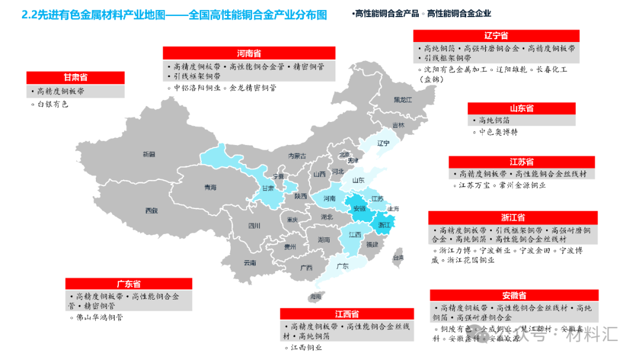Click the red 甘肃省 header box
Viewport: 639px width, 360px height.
[x=76, y=78]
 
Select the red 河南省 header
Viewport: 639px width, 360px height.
[x=248, y=53]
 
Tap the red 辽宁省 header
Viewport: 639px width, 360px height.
[x=496, y=36]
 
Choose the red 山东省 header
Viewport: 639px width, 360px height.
[x=521, y=108]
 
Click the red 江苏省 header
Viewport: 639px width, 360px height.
[x=521, y=162]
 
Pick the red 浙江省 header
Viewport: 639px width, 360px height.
[x=512, y=218]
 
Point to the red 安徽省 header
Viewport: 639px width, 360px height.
[x=514, y=295]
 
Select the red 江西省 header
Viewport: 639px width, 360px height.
[x=347, y=314]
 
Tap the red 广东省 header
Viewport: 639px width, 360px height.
[x=128, y=284]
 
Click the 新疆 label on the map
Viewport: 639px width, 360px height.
[x=149, y=155]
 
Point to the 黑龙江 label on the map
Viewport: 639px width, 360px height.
[x=402, y=100]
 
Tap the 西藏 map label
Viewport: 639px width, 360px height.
[x=151, y=211]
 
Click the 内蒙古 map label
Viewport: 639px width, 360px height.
[x=297, y=156]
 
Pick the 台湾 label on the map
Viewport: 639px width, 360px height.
[x=398, y=258]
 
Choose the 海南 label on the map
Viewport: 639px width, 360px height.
[x=315, y=296]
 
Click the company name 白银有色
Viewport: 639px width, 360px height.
[x=53, y=104]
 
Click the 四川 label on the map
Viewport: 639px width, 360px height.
[x=254, y=226]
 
